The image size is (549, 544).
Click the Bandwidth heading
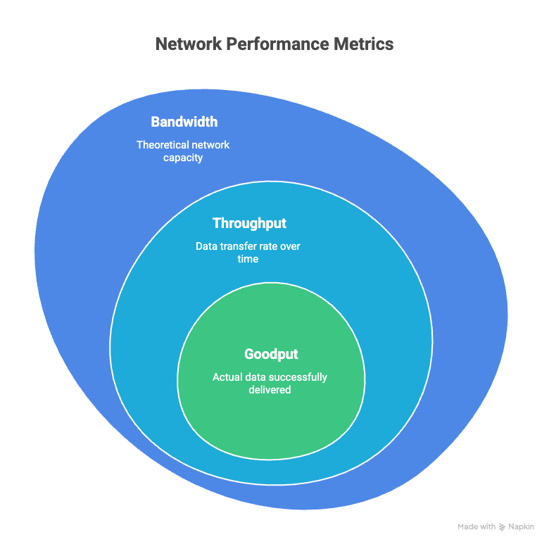(184, 122)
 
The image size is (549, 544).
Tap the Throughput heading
(249, 223)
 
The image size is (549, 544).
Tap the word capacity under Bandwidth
(183, 158)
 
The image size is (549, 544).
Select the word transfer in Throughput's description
(239, 246)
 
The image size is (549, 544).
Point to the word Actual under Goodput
(227, 377)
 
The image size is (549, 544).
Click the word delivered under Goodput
(270, 390)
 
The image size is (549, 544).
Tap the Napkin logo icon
(502, 526)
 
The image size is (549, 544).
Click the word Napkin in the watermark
(521, 526)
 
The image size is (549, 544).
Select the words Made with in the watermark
(477, 526)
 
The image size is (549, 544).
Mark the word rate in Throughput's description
(270, 246)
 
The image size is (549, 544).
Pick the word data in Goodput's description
(254, 377)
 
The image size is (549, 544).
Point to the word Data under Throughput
(208, 246)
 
